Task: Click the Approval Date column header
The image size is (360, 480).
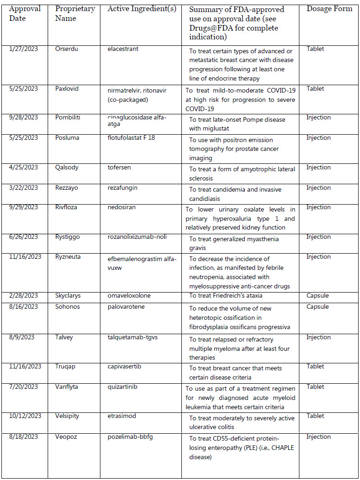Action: [25, 13]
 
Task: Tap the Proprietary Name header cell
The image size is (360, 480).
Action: [74, 13]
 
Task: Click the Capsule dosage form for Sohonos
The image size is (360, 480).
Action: [317, 307]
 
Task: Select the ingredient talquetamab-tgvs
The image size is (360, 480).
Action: [133, 337]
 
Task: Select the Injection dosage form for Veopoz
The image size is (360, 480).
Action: [319, 437]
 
